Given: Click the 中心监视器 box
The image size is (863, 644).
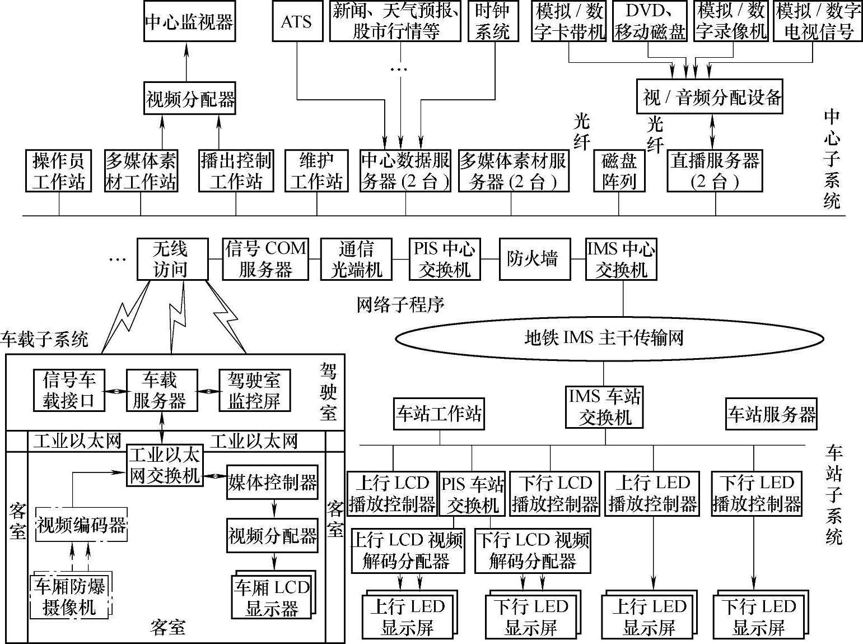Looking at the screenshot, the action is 189,22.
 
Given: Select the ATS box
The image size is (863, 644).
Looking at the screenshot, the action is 297,22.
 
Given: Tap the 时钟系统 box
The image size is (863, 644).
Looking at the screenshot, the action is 492,22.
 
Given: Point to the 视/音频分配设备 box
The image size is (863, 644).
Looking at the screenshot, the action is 709,98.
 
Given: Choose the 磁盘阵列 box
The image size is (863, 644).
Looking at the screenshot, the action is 619,171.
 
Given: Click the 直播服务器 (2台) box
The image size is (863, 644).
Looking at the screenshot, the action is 715,171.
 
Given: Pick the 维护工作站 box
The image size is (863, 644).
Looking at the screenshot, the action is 316,171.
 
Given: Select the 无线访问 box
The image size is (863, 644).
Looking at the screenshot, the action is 172,259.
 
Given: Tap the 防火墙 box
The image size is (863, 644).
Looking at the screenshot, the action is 533,259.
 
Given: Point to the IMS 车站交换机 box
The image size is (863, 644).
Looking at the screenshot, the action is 604,407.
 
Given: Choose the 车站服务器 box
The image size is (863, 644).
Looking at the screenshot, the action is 771,414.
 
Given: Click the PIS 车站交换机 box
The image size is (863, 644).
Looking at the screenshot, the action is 472,494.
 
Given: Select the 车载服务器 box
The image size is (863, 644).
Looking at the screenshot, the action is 161,391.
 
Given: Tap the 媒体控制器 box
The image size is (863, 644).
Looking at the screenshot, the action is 272,483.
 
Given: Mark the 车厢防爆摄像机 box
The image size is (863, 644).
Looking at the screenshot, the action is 70,597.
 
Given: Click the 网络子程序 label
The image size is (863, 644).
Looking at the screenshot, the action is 400,304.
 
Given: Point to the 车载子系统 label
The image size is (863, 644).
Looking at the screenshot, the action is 45,339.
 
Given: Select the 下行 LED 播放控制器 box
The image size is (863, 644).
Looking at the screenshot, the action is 757,493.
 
